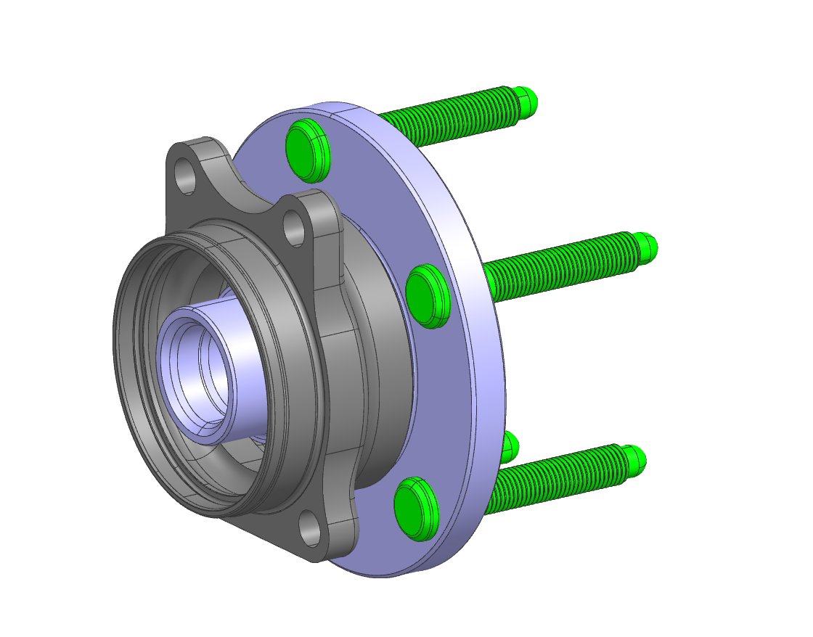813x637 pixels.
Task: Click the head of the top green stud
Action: click(x=308, y=149)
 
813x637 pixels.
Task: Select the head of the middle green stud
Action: click(x=428, y=296)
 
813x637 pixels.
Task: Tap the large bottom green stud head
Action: click(x=416, y=509)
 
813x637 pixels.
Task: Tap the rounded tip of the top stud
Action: click(x=527, y=101)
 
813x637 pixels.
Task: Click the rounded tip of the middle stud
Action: click(x=647, y=247)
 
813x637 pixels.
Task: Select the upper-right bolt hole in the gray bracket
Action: click(x=294, y=227)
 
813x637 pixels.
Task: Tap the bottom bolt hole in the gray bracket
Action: click(x=310, y=527)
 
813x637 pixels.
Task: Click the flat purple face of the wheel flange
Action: click(x=377, y=181)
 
